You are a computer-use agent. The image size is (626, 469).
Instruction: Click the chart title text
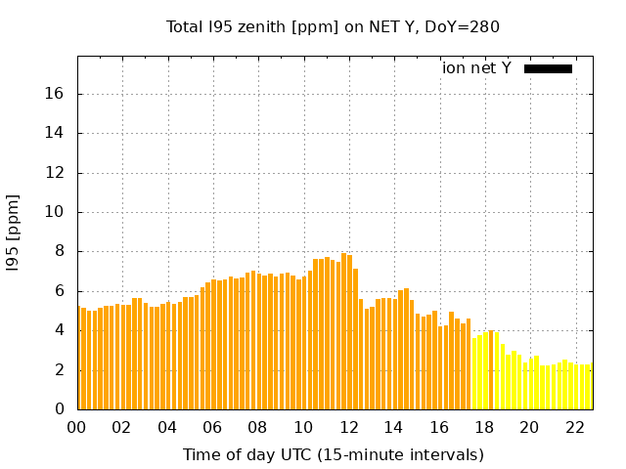(333, 27)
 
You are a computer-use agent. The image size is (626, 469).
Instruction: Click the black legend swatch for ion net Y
(548, 68)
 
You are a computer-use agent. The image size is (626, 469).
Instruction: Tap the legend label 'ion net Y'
(476, 68)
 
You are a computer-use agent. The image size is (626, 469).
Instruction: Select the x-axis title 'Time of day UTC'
(333, 454)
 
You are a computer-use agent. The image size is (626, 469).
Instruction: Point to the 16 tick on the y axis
(55, 94)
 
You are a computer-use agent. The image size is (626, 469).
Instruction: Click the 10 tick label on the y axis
(55, 212)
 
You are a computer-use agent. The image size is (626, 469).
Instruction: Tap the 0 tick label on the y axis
(59, 409)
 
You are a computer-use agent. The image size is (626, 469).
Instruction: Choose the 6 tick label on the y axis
(59, 291)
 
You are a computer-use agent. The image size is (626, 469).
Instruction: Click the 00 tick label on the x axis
(77, 427)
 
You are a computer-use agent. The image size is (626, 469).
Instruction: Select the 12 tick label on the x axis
(348, 427)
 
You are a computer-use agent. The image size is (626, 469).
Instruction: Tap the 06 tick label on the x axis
(212, 427)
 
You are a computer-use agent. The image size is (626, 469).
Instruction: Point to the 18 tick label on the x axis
(484, 427)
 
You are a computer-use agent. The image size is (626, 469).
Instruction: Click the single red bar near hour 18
(490, 370)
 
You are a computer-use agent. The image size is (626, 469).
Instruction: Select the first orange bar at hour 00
(78, 358)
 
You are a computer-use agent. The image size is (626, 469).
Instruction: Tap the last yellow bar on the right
(590, 387)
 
